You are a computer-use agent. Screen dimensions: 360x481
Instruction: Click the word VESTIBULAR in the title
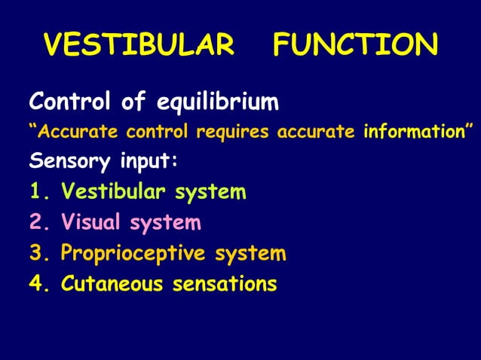pos(139,46)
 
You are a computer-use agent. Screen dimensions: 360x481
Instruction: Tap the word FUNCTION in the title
pos(355,46)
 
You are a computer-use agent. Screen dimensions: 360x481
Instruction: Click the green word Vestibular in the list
pos(115,192)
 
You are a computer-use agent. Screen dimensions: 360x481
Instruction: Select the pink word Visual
pos(92,223)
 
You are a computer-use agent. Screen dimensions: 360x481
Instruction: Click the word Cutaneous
pos(113,284)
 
